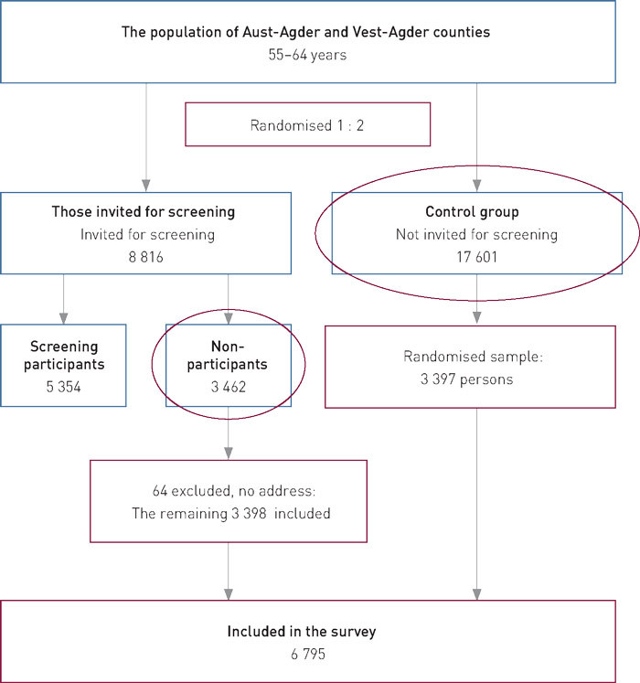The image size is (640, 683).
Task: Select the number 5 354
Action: coord(64,387)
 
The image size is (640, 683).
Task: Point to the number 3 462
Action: coord(229,387)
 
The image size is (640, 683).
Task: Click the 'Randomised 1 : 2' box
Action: coord(307,123)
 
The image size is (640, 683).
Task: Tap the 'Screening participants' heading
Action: coord(64,357)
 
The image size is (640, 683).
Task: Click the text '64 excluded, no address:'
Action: coord(228,492)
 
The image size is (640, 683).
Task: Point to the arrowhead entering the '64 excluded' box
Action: coord(229,454)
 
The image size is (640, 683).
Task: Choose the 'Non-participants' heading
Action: coord(229,357)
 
